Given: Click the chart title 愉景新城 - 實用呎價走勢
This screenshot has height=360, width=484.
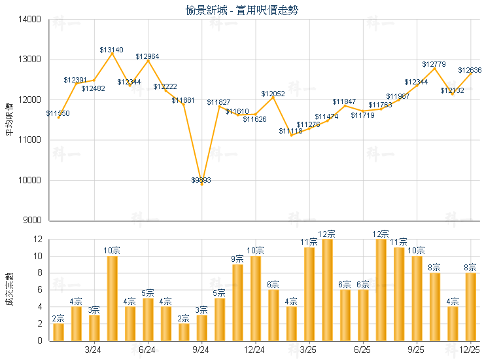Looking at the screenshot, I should coord(243,10).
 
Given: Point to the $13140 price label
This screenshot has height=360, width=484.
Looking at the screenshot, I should coord(111,50).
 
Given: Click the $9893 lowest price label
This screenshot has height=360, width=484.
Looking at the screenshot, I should coord(201,180).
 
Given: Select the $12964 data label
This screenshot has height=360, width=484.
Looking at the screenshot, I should coord(147,57).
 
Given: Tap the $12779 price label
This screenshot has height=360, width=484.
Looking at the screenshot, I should coord(434,64).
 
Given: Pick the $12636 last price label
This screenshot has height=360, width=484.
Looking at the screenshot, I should coord(469,70).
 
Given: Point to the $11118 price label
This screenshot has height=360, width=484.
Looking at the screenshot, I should coord(290,132).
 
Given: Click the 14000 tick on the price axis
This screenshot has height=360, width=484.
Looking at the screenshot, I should coord(31,20).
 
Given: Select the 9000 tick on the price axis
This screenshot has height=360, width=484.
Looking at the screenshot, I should coord(33,221).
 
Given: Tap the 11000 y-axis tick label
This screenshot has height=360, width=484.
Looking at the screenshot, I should coord(31,140).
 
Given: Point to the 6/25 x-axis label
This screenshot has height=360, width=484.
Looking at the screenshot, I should coord(362,350).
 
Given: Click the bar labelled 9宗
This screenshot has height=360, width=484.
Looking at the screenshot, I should coord(237,302).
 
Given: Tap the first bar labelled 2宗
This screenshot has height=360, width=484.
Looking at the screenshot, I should coord(58,332).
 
